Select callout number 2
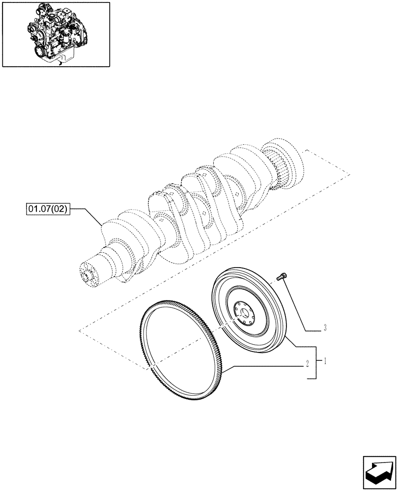pyautogui.click(x=307, y=364)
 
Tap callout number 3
pyautogui.click(x=325, y=328)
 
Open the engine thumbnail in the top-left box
pyautogui.click(x=56, y=34)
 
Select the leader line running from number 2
pyautogui.click(x=265, y=365)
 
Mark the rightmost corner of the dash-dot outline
pyautogui.click(x=349, y=173)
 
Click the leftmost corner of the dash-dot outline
pyautogui.click(x=79, y=331)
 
